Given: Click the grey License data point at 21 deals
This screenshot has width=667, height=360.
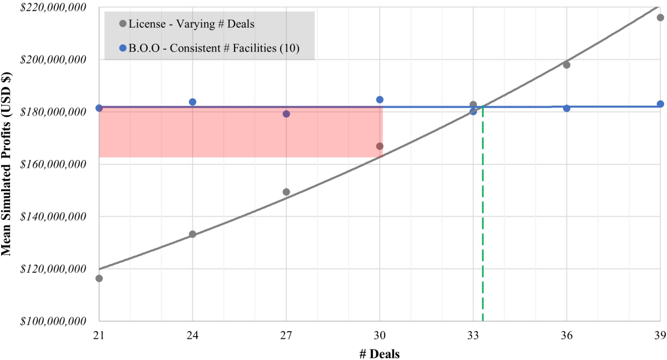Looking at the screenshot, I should [99, 278].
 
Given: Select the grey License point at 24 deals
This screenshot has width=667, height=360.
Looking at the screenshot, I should [192, 234].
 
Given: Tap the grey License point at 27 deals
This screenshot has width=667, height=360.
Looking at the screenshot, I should [286, 192].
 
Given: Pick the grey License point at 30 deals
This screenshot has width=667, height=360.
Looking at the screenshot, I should [380, 146].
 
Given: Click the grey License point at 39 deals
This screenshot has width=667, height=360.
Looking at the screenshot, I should [660, 17].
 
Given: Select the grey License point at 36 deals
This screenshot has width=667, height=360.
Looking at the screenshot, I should [566, 65].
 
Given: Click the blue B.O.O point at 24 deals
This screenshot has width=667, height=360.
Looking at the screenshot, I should [192, 102].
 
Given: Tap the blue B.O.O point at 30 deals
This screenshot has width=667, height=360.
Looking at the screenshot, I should [380, 99].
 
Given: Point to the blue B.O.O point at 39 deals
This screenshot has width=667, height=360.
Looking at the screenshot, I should [660, 104].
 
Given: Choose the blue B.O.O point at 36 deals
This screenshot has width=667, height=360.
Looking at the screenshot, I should [566, 108].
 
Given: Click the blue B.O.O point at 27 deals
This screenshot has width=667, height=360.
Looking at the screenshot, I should [286, 114].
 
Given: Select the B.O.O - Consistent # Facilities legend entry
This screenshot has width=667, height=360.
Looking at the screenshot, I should [209, 48].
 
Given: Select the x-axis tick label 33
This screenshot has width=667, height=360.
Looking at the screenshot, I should [473, 336].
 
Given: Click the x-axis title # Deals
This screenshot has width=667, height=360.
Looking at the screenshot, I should [380, 353].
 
